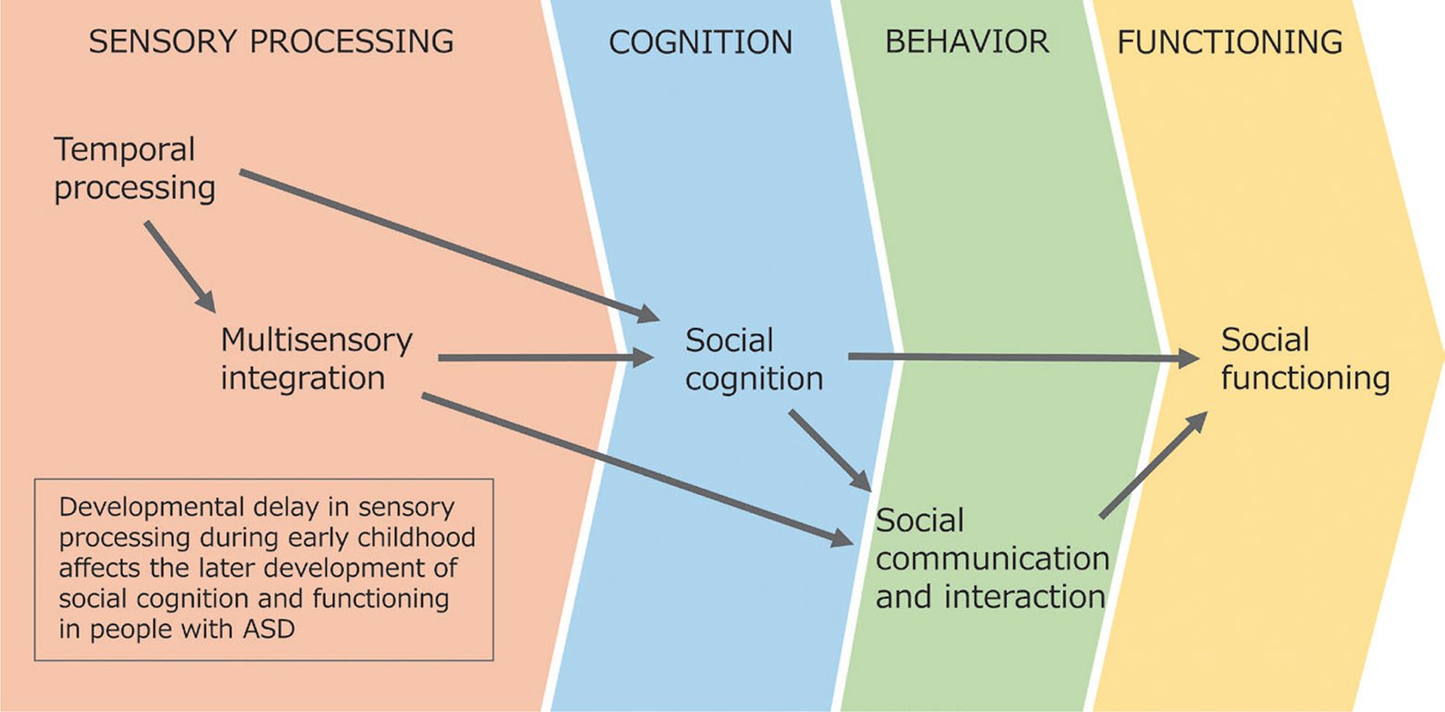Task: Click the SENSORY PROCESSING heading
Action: (270, 43)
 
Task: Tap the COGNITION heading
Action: (701, 43)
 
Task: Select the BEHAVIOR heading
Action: (967, 43)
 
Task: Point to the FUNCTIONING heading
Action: (1230, 43)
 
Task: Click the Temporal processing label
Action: (134, 169)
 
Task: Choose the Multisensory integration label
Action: (316, 359)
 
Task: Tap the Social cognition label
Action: (754, 359)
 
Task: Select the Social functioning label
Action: (1305, 359)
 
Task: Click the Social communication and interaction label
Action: (991, 558)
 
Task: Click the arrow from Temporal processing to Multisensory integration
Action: (180, 266)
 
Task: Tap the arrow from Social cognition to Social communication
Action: (829, 451)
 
